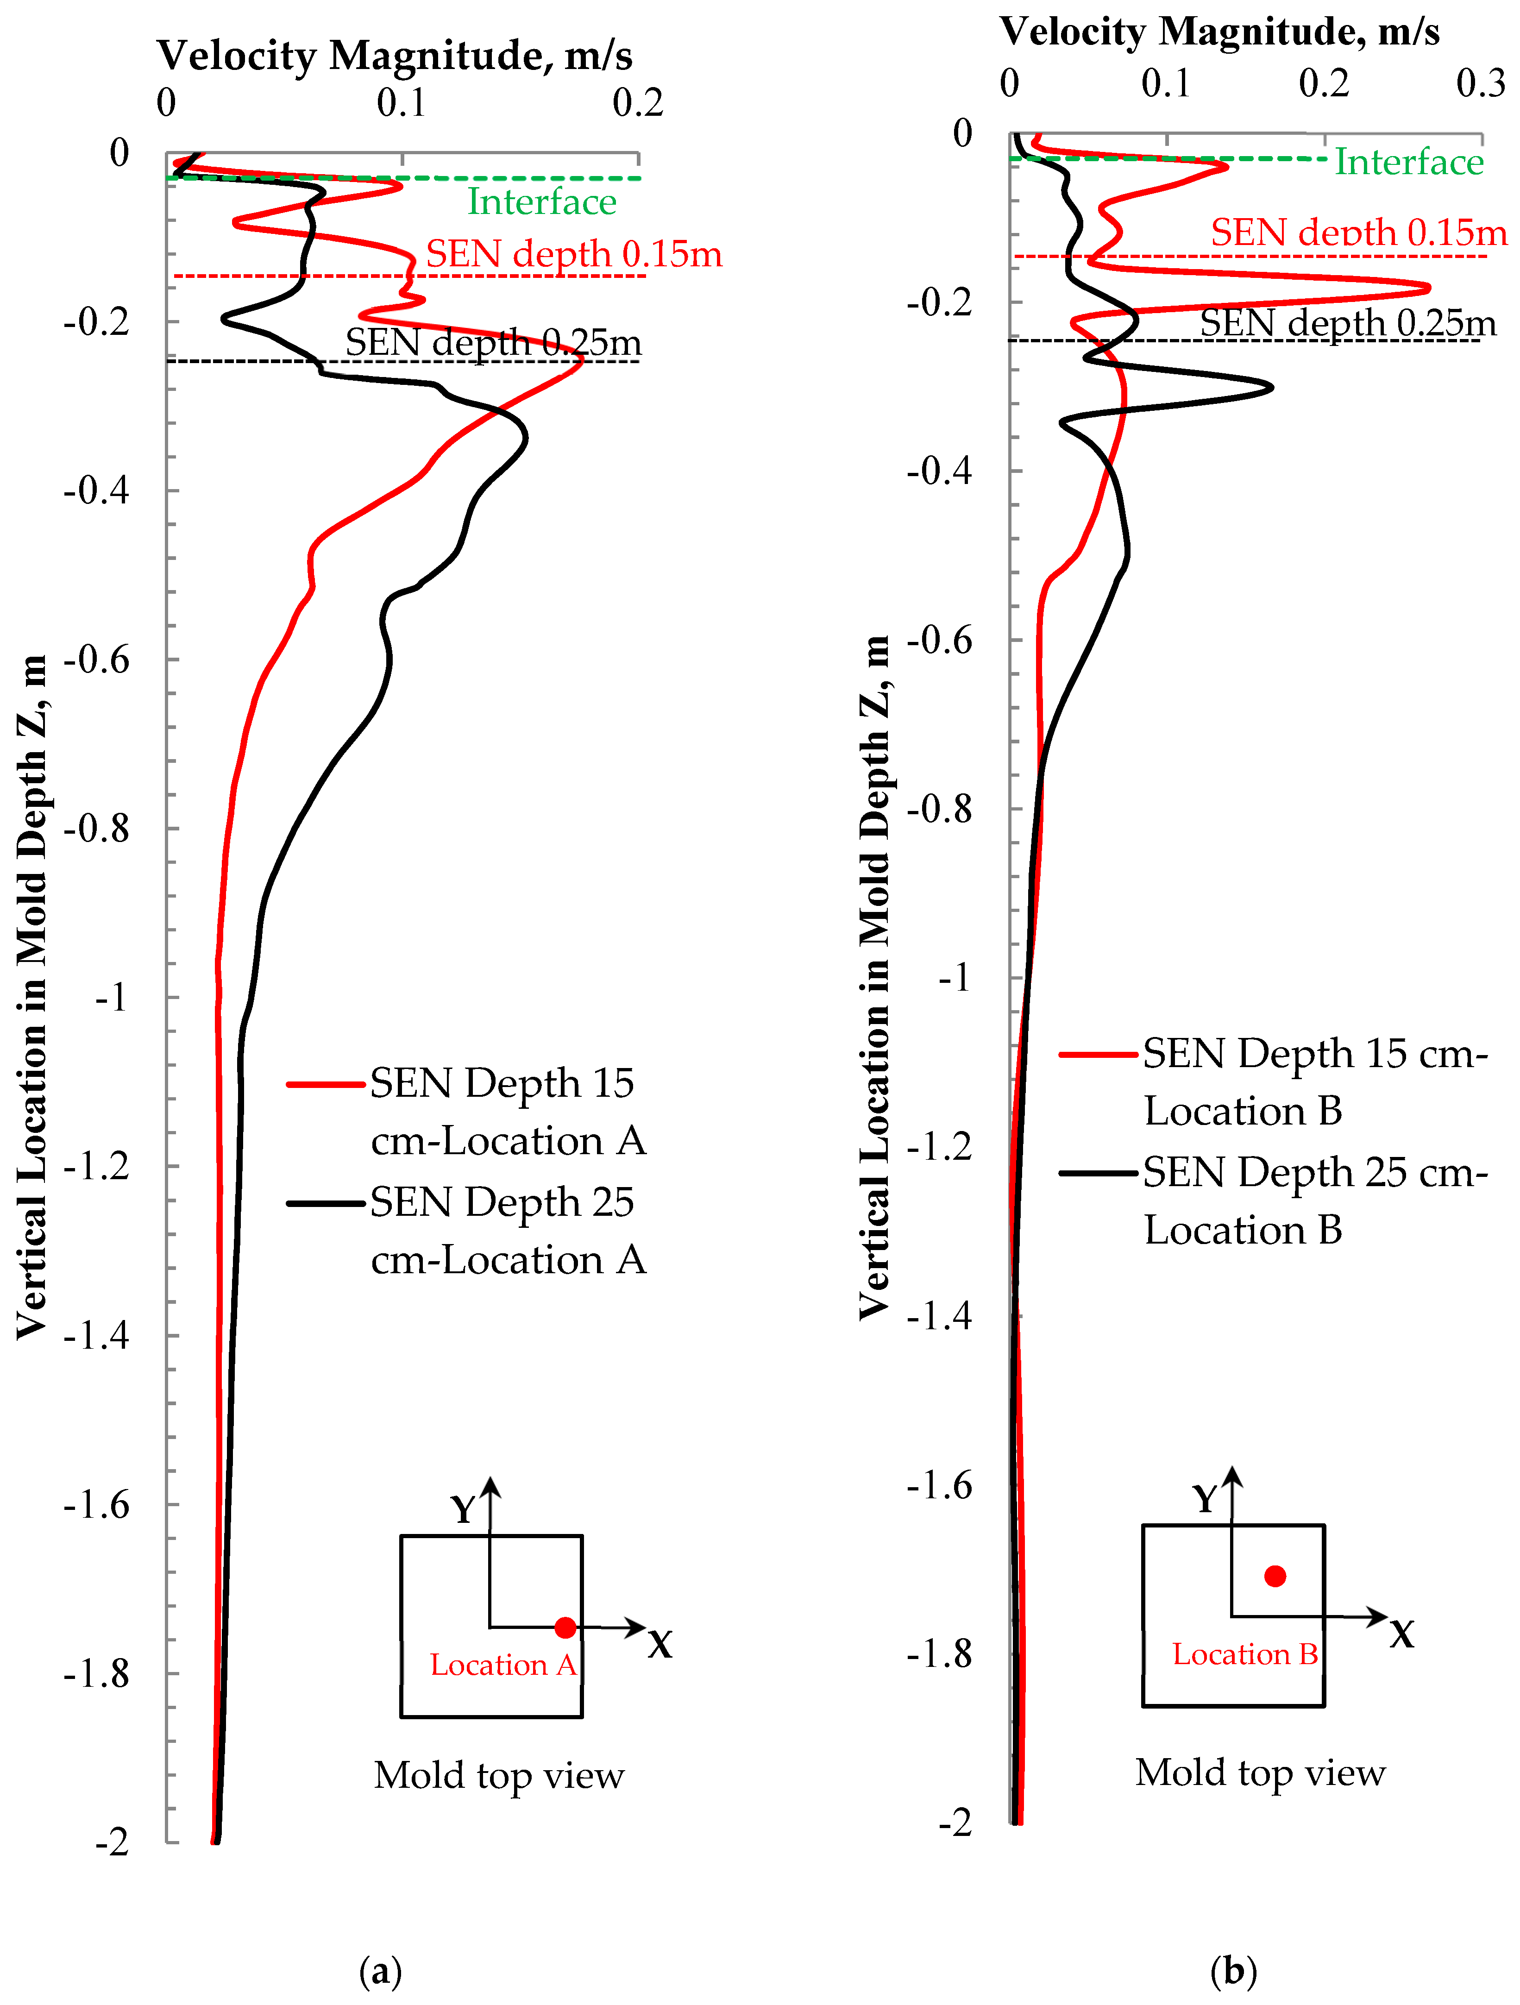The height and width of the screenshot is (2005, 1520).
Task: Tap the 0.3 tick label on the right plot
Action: tap(1480, 83)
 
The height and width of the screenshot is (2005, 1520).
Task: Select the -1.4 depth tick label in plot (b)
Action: tap(939, 1315)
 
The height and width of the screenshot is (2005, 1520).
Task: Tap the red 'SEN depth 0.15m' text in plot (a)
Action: tap(574, 254)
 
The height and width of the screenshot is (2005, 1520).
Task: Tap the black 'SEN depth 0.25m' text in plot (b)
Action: tap(1348, 323)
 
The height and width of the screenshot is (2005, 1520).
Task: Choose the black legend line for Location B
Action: tap(1098, 1173)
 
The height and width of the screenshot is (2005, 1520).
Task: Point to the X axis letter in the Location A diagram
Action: tap(660, 1644)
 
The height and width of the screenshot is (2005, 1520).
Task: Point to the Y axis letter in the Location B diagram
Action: tap(1205, 1499)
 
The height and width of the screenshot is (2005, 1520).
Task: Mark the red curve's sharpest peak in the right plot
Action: tap(1427, 288)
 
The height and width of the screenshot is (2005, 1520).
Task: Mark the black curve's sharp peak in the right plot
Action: tap(1271, 387)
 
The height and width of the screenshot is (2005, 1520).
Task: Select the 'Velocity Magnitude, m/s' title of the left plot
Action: tap(394, 56)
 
